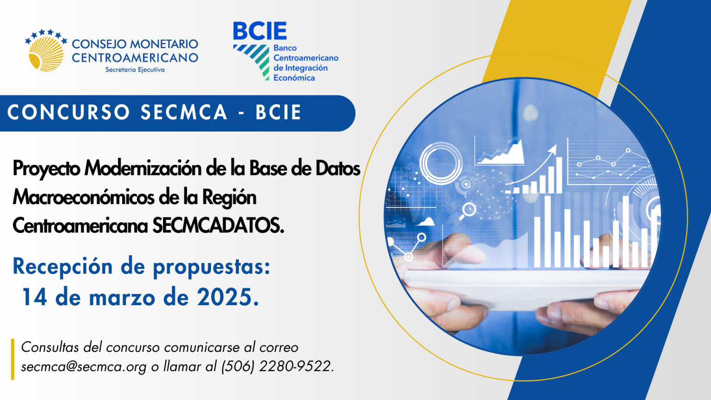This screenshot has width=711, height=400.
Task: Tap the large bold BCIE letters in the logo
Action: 260,31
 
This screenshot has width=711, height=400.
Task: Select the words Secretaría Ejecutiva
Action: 135,69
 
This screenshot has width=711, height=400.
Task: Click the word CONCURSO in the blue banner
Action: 69,112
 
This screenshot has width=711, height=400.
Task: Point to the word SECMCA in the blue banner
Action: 184,112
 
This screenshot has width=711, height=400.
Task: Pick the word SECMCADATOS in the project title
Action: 218,226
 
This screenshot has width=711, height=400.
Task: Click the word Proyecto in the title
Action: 46,169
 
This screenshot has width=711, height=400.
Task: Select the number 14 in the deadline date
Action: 35,298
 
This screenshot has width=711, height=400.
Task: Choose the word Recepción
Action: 62,267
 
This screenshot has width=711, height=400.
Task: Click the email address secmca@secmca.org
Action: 84,367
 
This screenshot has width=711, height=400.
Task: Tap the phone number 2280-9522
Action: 295,366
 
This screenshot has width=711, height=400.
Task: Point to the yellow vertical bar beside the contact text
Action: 12,359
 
